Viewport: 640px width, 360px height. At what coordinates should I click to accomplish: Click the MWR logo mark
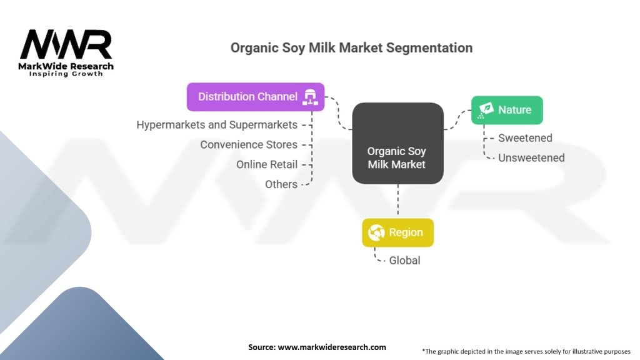(66, 44)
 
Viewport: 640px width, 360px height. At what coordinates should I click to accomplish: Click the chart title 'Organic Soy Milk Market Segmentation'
(351, 47)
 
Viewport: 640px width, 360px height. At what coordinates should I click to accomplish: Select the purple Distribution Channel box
(256, 97)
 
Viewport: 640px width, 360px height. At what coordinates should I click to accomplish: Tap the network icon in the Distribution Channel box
(310, 97)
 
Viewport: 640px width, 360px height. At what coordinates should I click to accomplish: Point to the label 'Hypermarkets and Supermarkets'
(217, 124)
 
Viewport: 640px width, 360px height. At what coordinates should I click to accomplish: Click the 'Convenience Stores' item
(249, 144)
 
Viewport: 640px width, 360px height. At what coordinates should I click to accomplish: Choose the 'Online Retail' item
(266, 164)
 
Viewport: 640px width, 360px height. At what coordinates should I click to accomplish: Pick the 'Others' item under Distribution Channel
(281, 184)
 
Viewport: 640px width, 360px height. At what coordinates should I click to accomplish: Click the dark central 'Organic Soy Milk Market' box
(397, 143)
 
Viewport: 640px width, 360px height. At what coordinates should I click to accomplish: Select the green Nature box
(507, 110)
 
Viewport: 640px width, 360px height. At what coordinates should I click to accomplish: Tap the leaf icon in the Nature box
(486, 110)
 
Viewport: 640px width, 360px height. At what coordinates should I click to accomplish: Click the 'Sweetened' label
(525, 138)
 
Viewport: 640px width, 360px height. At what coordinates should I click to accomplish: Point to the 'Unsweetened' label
(531, 158)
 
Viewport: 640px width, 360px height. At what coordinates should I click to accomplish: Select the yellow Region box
(397, 232)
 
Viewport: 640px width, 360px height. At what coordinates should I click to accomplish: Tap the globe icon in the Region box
(376, 232)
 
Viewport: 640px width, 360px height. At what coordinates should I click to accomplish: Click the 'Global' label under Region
(404, 261)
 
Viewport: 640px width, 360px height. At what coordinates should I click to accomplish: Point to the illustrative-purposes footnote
(526, 351)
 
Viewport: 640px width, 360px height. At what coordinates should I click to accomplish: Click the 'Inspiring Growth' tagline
(66, 74)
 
